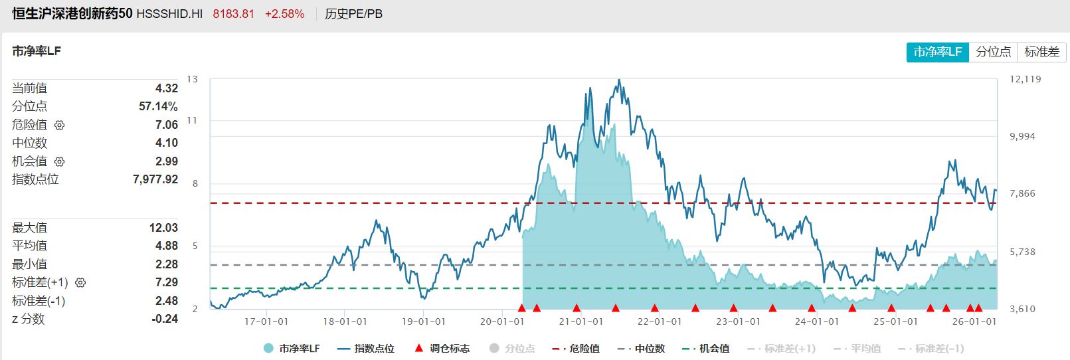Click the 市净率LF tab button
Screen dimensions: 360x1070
[x=937, y=52]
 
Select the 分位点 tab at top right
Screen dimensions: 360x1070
[x=993, y=52]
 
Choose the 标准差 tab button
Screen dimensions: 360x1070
[x=1041, y=52]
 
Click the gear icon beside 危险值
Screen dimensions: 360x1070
[x=60, y=125]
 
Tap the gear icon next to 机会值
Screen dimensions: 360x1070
[x=60, y=161]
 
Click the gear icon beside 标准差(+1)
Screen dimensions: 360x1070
[x=80, y=283]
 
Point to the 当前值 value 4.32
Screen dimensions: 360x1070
[x=166, y=88]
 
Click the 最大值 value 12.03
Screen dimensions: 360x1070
[x=163, y=228]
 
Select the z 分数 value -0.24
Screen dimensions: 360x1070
[x=165, y=319]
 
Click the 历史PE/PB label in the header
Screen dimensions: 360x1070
[x=353, y=14]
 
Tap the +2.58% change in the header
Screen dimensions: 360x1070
[x=284, y=14]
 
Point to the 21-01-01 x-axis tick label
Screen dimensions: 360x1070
[x=581, y=321]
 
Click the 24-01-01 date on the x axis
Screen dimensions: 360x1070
[x=817, y=321]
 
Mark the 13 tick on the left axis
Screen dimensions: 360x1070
[x=192, y=79]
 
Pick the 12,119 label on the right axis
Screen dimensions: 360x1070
[x=1025, y=79]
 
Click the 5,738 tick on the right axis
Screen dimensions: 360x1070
[x=1022, y=252]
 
